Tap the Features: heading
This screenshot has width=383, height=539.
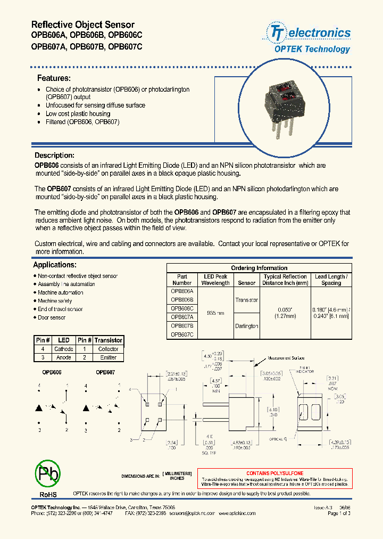(x=53, y=78)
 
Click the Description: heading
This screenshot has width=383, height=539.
(x=54, y=156)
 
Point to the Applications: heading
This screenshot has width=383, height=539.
(x=54, y=265)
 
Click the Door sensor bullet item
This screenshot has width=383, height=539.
(x=51, y=317)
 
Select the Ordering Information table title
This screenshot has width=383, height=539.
(x=259, y=268)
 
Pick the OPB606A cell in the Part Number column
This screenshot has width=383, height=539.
(x=182, y=292)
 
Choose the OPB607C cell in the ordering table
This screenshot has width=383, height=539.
(x=182, y=334)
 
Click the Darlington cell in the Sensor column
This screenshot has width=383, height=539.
(x=246, y=326)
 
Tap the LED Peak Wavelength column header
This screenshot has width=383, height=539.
(x=216, y=280)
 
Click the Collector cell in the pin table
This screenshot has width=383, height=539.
(x=108, y=349)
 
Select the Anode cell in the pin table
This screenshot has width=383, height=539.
(x=63, y=357)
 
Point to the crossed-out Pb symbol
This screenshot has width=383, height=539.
(x=48, y=472)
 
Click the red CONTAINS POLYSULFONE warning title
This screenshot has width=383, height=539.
(x=274, y=473)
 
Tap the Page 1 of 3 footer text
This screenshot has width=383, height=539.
(x=339, y=513)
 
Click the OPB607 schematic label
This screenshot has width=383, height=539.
(x=105, y=373)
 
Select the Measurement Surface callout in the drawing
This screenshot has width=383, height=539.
(x=285, y=358)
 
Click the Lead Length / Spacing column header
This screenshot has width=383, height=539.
(x=331, y=280)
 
